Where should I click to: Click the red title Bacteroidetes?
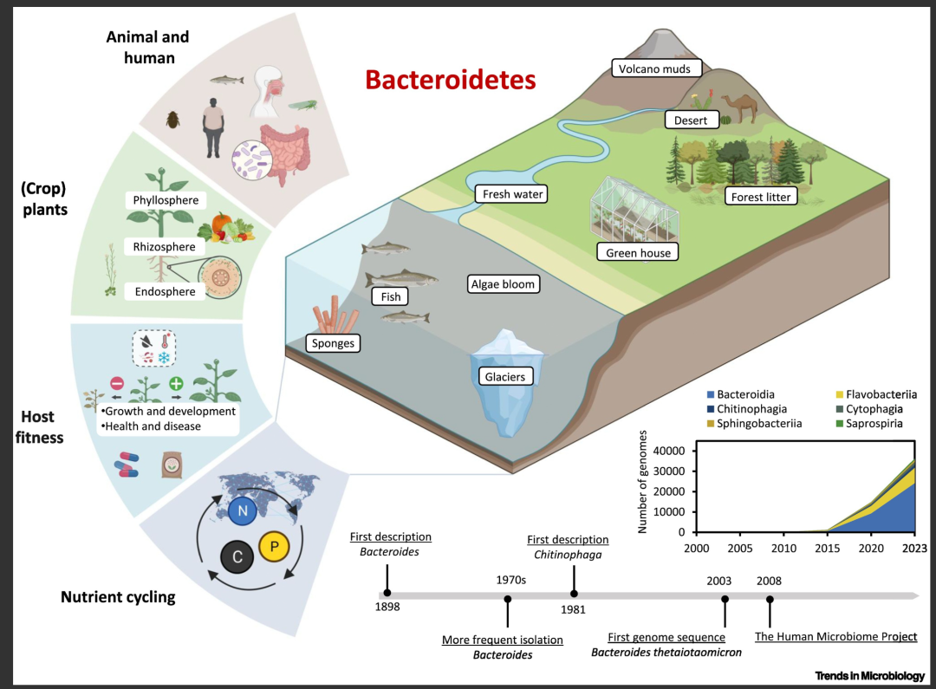pos(451,80)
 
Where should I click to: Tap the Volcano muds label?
pos(656,68)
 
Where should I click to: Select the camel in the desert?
pos(741,107)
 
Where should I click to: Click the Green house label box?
pos(638,252)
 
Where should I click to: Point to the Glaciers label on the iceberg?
pos(505,376)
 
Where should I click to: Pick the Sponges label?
pos(333,342)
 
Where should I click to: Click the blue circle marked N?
pos(243,510)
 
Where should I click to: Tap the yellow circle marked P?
pos(274,546)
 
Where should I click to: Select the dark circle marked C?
pos(237,557)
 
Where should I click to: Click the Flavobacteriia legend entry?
pos(875,394)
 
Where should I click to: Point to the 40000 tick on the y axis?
pos(669,451)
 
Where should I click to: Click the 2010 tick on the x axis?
pos(783,548)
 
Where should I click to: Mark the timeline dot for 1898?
pos(387,593)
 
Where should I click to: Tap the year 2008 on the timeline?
pos(769,581)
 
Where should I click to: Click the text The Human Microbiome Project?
pos(835,636)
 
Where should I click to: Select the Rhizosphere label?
pos(164,247)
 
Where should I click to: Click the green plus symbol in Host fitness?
pos(176,383)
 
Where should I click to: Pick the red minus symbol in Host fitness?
pos(117,383)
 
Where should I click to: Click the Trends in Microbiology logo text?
pos(870,675)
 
